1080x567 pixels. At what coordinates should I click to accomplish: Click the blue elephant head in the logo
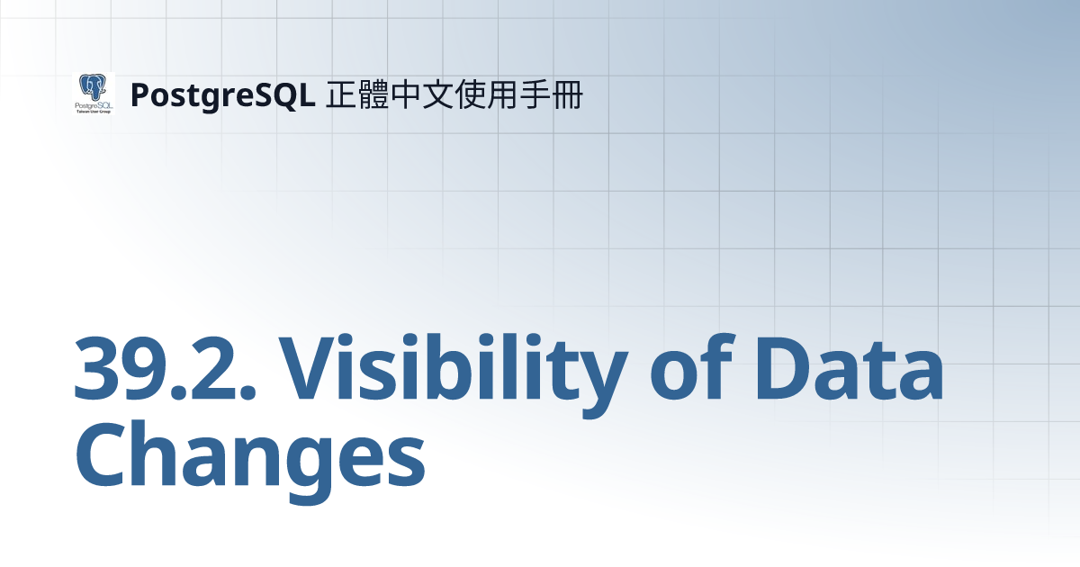click(93, 87)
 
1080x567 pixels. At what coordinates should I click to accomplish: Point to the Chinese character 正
click(340, 94)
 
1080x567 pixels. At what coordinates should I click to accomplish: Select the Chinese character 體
click(373, 94)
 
